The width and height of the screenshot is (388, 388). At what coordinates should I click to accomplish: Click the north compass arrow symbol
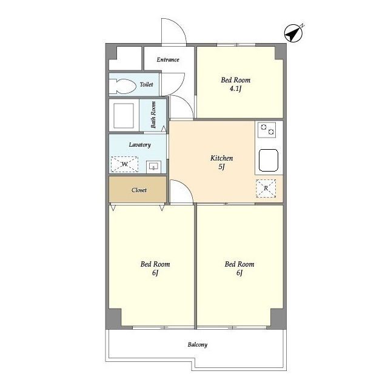click(293, 33)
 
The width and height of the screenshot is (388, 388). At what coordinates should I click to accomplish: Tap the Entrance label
click(168, 59)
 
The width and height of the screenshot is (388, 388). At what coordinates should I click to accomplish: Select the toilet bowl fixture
click(122, 86)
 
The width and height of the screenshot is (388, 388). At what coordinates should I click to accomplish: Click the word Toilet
click(147, 84)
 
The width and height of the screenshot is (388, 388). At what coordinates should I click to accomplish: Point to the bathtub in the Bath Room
click(124, 115)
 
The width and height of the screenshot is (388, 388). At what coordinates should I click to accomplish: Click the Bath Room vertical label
click(153, 115)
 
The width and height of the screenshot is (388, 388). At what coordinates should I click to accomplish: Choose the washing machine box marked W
click(124, 164)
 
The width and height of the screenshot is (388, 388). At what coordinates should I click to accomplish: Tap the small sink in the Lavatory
click(153, 167)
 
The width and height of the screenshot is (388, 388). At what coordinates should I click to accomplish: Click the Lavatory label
click(140, 145)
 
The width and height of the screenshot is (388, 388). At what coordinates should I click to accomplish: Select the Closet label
click(139, 190)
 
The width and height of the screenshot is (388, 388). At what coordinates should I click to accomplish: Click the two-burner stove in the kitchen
click(267, 130)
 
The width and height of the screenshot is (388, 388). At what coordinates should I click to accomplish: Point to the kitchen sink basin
click(269, 160)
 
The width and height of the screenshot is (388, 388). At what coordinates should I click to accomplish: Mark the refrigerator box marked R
click(266, 189)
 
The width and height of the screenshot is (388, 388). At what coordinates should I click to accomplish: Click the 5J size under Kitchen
click(221, 167)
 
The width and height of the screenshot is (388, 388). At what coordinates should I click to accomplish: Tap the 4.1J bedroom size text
click(235, 89)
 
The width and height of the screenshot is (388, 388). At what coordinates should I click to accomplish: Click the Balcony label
click(198, 344)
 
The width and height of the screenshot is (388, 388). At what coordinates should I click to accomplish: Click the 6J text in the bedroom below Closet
click(155, 273)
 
